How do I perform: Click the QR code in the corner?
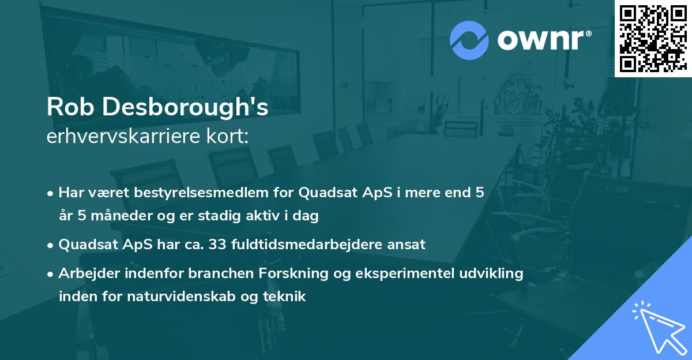tap(653, 39)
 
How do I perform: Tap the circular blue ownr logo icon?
tap(469, 40)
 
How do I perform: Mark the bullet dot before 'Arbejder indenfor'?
tap(51, 274)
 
